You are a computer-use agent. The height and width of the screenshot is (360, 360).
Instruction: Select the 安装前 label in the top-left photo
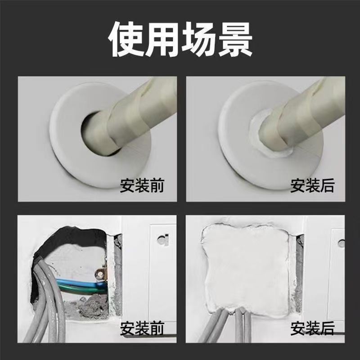142,186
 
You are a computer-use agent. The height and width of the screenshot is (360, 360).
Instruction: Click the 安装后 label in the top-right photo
312,186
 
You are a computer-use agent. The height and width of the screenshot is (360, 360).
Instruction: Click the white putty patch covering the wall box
245,265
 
